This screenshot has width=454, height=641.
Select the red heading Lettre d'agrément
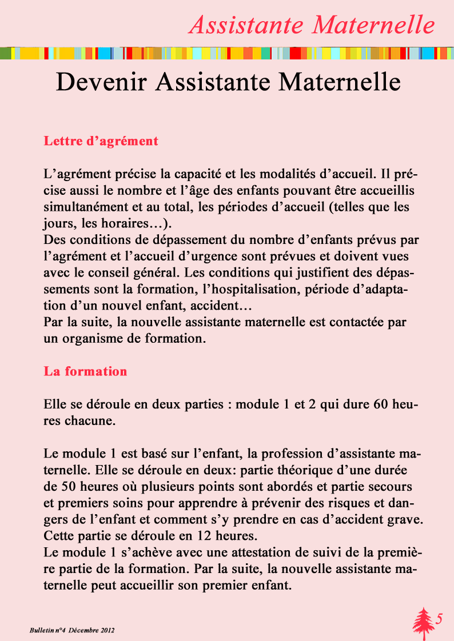101,141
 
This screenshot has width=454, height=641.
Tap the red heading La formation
85,371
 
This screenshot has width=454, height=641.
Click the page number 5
439,619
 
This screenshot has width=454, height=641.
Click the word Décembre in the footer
84,630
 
